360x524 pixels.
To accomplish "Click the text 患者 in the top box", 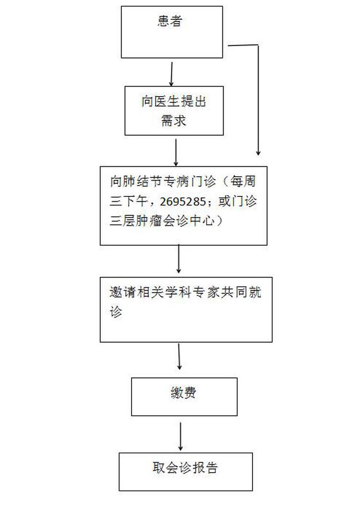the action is click(x=169, y=21).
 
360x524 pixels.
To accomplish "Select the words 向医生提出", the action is click(x=174, y=101).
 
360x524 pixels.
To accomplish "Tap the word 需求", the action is click(x=173, y=121).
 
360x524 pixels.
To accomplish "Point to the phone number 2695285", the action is click(x=183, y=202).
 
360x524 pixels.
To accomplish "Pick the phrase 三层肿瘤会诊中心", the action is click(x=162, y=221).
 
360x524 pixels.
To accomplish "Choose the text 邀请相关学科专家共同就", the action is click(x=185, y=292).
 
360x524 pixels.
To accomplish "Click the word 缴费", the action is click(x=183, y=392).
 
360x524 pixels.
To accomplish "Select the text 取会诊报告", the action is click(x=185, y=467).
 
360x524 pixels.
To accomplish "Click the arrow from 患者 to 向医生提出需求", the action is click(x=172, y=74).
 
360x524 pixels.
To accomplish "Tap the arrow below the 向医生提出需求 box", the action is click(x=176, y=152).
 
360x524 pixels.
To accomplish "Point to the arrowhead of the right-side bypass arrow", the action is click(x=258, y=153).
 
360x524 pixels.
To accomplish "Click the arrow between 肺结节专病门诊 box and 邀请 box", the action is click(x=179, y=259).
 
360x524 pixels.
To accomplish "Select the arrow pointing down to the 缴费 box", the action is click(x=180, y=356).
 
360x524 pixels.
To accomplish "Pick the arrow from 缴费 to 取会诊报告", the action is click(x=180, y=436).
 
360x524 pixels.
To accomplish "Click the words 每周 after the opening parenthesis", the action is click(x=243, y=182).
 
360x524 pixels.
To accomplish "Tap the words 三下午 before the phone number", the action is click(x=129, y=201).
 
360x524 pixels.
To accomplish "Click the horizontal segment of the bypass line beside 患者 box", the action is click(x=243, y=45).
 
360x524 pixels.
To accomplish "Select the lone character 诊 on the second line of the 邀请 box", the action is click(x=116, y=312).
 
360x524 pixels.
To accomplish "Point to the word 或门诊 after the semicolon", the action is click(x=238, y=201).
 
